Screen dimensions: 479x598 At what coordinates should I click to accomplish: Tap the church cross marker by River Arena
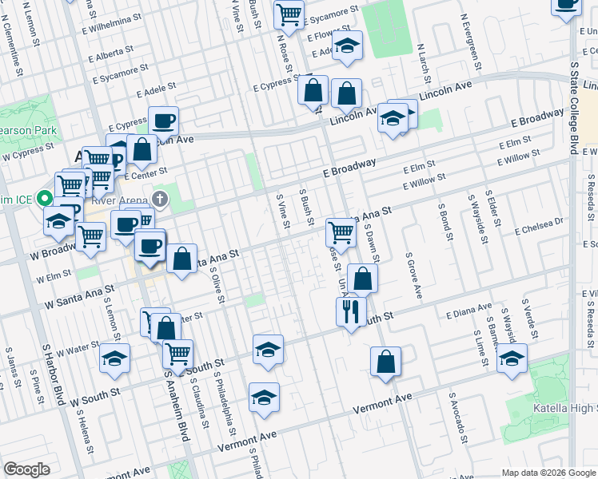click(x=160, y=199)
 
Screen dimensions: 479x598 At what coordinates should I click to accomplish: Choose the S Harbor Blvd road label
click(x=52, y=374)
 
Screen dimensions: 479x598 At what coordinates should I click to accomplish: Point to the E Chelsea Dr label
click(x=543, y=229)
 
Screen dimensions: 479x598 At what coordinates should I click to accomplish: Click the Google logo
click(x=26, y=469)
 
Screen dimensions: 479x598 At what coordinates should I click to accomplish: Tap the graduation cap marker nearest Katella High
click(x=512, y=359)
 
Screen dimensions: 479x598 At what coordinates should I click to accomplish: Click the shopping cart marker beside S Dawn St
click(x=341, y=233)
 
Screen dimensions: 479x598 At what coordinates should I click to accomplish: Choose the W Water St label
click(x=73, y=350)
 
